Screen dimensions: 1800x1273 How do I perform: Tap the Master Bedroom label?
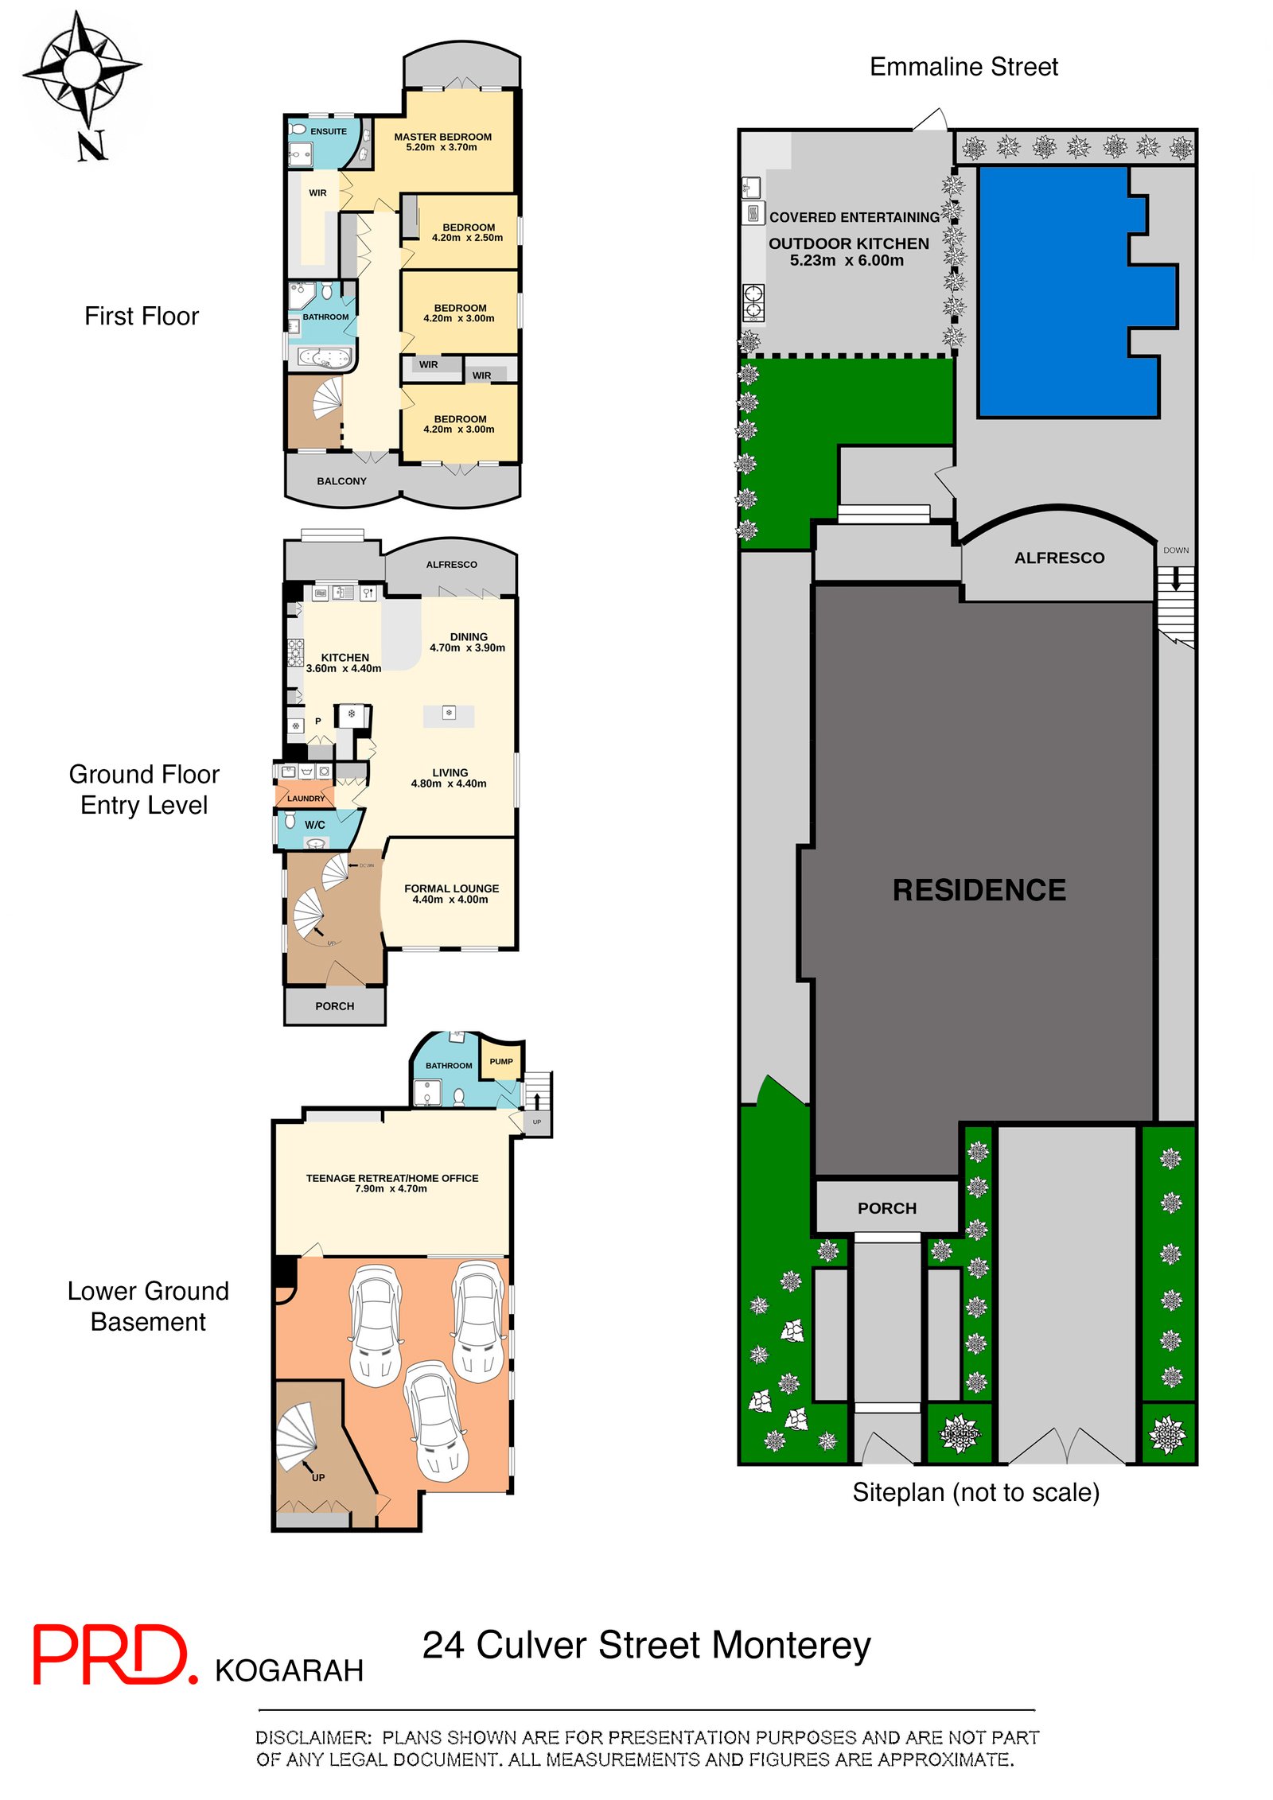[442, 137]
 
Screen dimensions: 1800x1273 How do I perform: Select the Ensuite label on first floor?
[328, 131]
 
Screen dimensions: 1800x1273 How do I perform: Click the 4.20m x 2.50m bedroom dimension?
[467, 238]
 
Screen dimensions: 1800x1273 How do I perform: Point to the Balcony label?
[341, 481]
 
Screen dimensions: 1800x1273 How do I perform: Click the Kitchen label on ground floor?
[345, 658]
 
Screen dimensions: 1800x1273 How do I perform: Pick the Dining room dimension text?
[467, 648]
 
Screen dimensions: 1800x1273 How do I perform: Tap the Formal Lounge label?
[451, 888]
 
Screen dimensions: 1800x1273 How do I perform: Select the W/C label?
[315, 825]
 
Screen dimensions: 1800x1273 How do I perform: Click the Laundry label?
[306, 798]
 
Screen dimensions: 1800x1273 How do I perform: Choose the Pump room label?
[501, 1062]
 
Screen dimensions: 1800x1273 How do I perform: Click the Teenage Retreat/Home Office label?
[392, 1178]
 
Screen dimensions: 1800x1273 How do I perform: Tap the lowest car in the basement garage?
[435, 1421]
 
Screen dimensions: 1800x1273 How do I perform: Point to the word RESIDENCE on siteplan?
[979, 890]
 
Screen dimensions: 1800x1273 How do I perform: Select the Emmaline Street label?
[964, 67]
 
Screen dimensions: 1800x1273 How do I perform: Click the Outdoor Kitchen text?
[848, 244]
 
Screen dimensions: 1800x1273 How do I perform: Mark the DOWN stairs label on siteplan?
[1175, 550]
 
